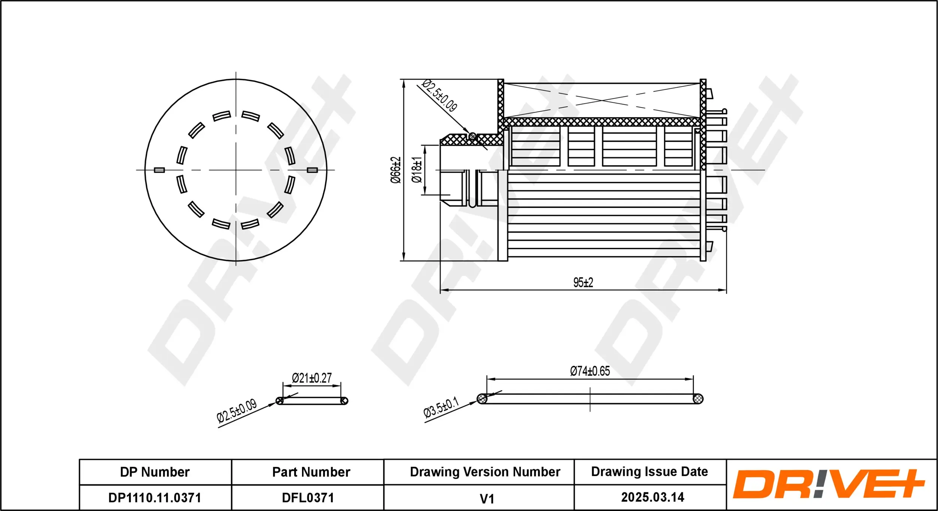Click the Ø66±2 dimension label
pos(395,170)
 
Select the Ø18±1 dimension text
pos(417,170)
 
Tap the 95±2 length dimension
pos(583,283)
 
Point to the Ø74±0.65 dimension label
pos(590,371)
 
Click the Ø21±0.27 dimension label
pos(312,378)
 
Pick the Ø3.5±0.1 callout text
pos(441,407)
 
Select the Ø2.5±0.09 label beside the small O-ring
pos(237,411)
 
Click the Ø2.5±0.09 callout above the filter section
pos(439,96)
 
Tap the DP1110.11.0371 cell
pos(155,497)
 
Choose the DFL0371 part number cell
pos(308,497)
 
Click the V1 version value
pos(487,499)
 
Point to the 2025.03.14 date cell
pos(652,497)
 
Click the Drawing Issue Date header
pos(649,472)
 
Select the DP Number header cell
pos(155,472)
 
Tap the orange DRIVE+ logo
pos(828,484)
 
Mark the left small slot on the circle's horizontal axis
pos(159,170)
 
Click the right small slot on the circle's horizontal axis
pos(312,170)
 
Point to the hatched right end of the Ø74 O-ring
pos(698,399)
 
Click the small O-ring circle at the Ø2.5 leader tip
pos(473,137)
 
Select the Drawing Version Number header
pos(485,472)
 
